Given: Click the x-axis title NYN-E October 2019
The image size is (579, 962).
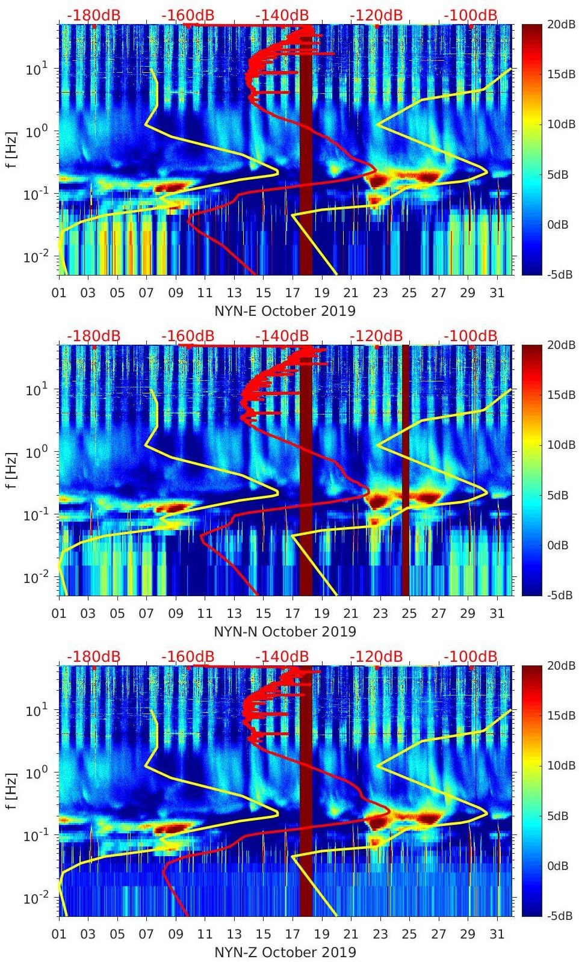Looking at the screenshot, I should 285,312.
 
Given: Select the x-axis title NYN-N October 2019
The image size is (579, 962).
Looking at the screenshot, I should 285,632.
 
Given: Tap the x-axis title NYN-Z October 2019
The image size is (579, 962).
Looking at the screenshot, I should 285,953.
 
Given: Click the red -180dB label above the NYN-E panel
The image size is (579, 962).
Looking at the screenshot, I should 94,15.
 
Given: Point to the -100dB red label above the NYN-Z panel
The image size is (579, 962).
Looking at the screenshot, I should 471,656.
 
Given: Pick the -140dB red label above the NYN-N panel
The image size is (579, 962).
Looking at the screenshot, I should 282,336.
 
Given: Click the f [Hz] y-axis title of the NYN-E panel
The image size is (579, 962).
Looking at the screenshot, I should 12,149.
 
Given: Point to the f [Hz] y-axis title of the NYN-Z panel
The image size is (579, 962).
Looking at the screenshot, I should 12,790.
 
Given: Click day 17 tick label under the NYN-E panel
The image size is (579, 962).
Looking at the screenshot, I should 293,293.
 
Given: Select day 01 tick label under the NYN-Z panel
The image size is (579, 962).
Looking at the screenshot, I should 59,934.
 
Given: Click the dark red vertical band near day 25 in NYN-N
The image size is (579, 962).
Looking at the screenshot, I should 406,469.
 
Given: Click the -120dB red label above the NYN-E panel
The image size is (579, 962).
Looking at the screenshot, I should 376,15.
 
